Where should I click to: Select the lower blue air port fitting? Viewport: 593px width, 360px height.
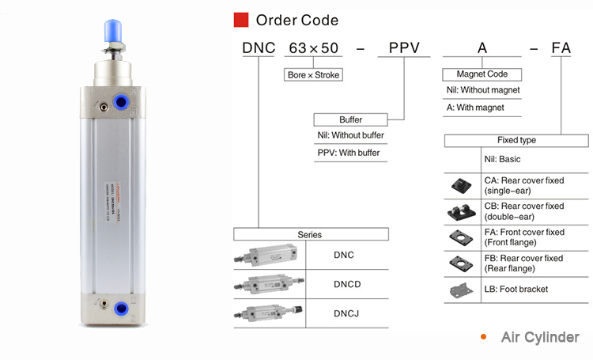(x=122, y=307)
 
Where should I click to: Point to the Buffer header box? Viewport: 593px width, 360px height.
(x=350, y=119)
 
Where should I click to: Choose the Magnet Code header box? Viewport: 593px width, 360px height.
(x=474, y=74)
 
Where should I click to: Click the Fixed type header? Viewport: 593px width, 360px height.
(x=516, y=140)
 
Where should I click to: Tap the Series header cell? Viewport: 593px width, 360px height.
(x=310, y=234)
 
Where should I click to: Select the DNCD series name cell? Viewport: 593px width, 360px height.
(x=345, y=283)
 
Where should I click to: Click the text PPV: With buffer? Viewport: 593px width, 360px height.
(x=349, y=153)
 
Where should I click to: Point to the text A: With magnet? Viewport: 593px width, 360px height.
(x=475, y=108)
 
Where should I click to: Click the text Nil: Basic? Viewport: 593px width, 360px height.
(x=504, y=159)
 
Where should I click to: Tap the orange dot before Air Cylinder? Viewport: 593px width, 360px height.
(x=484, y=337)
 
